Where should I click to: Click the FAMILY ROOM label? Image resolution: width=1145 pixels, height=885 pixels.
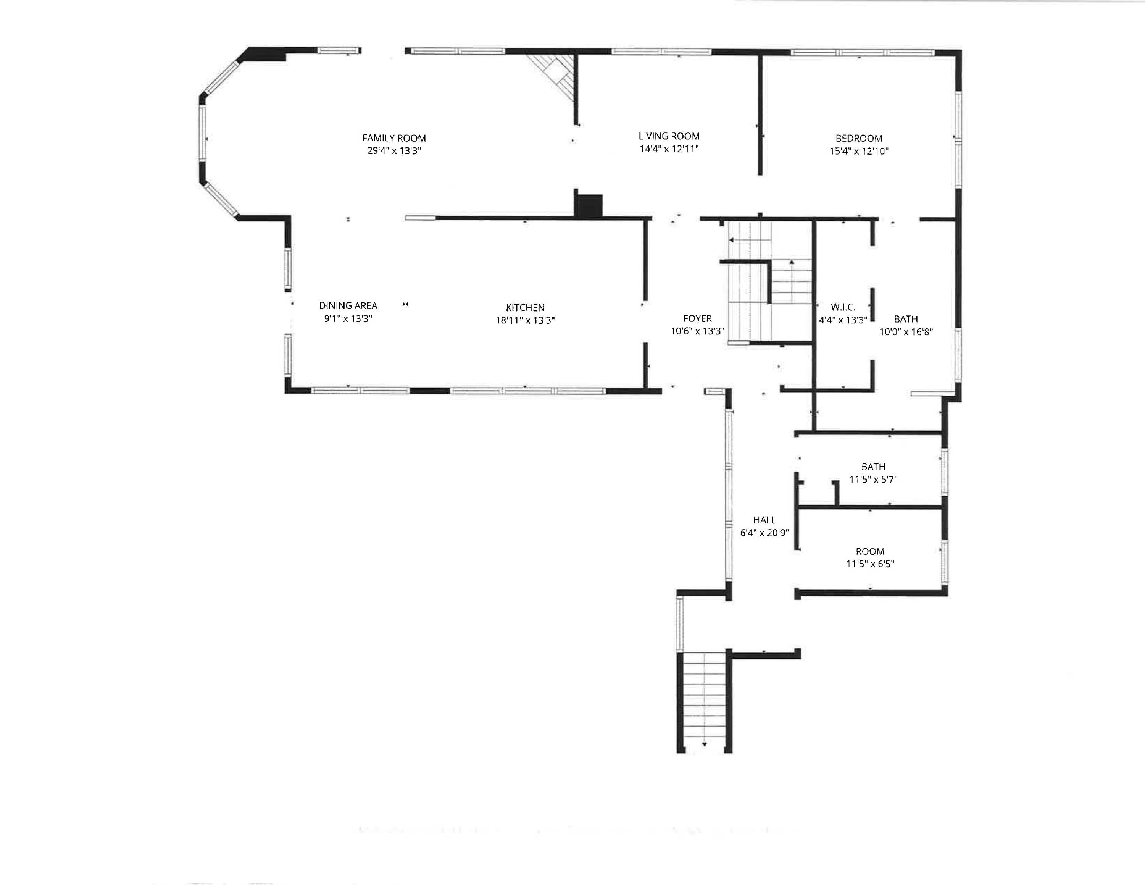click(x=394, y=138)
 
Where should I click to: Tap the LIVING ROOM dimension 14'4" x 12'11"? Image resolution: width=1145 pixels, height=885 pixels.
click(x=669, y=149)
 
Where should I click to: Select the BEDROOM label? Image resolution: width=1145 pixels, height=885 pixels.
click(x=859, y=139)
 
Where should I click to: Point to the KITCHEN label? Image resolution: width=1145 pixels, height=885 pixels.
click(x=525, y=308)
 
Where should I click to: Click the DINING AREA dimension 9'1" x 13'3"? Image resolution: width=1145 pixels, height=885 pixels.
click(x=348, y=318)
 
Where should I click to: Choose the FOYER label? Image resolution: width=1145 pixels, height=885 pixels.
click(x=697, y=318)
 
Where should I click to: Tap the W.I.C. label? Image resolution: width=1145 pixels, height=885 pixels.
click(x=843, y=307)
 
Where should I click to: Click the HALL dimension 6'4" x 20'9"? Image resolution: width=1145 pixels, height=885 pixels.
click(x=764, y=533)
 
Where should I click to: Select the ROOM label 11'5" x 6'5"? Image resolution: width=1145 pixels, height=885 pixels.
click(x=870, y=552)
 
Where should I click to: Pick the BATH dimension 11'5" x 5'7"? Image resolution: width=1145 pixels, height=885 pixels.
click(x=873, y=479)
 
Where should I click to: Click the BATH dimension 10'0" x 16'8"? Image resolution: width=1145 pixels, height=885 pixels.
click(x=906, y=331)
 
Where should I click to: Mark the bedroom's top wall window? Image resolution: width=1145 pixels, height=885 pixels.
click(x=862, y=52)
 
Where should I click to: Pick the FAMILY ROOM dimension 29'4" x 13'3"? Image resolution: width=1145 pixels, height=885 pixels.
click(x=394, y=151)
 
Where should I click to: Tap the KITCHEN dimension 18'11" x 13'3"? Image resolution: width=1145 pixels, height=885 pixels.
click(x=525, y=320)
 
